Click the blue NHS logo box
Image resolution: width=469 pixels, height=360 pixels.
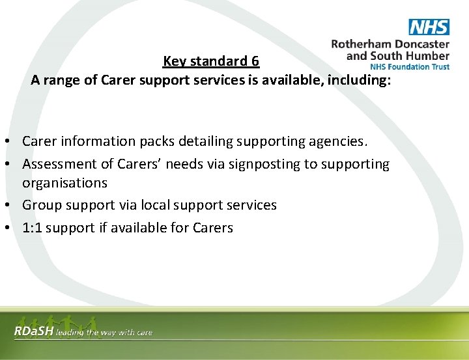tap(429, 27)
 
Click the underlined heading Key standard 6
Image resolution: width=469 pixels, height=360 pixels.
tap(211, 61)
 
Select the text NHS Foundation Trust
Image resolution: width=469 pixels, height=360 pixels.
tap(409, 66)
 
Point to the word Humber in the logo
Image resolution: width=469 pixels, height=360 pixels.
tap(427, 55)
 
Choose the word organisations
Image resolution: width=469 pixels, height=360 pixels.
tap(64, 183)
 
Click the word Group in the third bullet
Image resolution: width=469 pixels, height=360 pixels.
tap(41, 205)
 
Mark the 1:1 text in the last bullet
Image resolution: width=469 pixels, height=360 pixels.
tap(32, 228)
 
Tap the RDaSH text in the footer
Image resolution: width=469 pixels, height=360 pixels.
tap(34, 332)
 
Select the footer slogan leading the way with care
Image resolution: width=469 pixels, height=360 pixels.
tap(104, 333)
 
